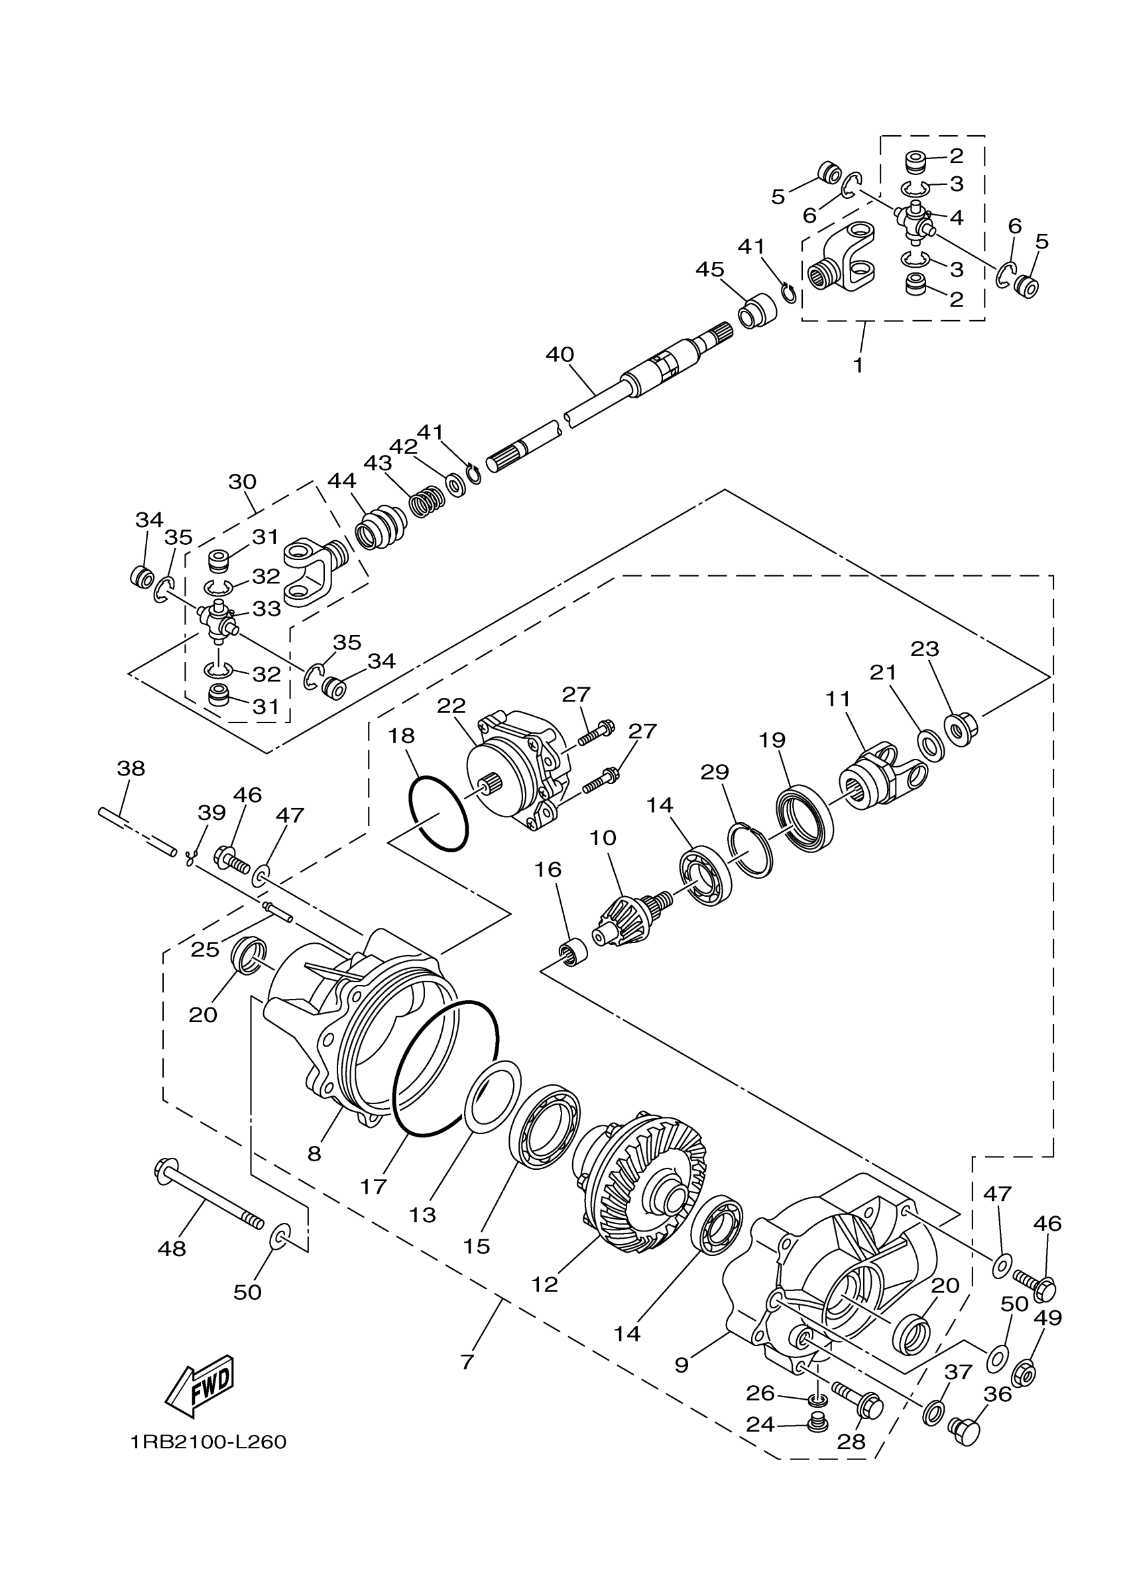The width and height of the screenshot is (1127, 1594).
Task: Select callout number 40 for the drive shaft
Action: click(560, 355)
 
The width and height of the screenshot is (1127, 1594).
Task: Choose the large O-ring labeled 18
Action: click(438, 813)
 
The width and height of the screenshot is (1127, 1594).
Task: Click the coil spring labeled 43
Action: click(426, 502)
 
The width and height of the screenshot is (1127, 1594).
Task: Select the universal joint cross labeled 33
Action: click(219, 620)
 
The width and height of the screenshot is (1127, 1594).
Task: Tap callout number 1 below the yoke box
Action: click(859, 365)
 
